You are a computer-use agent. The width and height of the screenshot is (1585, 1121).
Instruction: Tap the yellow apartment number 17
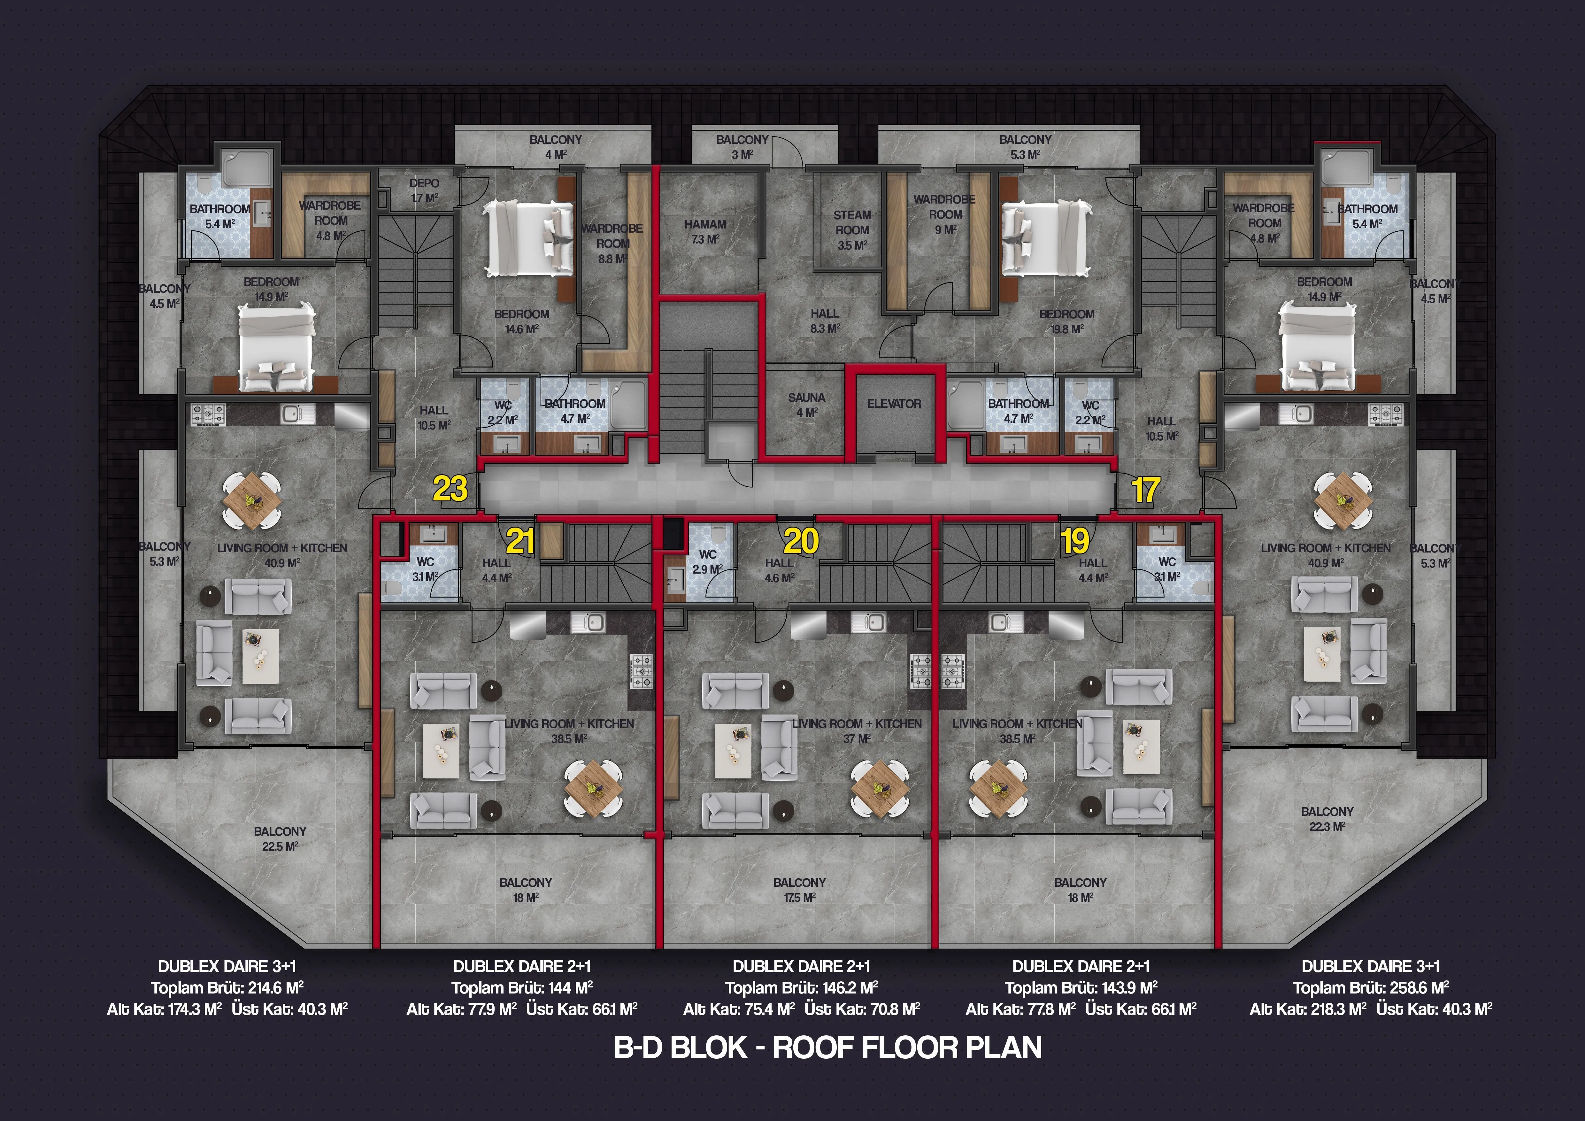coord(1145,490)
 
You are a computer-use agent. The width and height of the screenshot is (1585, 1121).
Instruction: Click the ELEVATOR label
coord(894,404)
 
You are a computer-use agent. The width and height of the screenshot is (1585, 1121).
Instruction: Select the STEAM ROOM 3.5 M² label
coord(852,230)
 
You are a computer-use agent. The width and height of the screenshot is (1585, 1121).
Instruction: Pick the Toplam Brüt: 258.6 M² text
coord(1370,988)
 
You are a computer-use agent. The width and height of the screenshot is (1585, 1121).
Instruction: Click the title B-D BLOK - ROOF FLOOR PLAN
coord(828,1048)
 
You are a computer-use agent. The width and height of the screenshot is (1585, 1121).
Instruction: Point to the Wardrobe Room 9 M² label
coord(944,214)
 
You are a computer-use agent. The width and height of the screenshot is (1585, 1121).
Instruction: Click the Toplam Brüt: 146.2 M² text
coord(802,988)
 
